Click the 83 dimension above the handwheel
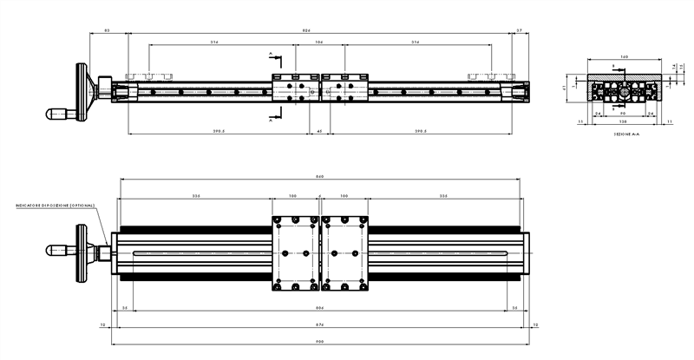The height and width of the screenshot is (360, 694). [107, 30]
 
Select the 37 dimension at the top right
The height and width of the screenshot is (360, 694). [519, 30]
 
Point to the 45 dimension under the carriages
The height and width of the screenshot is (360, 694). [319, 132]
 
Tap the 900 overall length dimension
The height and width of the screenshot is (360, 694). [319, 343]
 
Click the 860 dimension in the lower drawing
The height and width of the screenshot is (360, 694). [319, 177]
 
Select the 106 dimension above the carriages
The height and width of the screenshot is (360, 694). [319, 42]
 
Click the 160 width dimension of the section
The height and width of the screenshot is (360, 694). [624, 56]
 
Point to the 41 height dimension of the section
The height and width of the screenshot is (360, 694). [565, 88]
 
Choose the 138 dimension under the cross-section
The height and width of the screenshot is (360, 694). [624, 122]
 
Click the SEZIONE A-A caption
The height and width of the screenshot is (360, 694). [624, 134]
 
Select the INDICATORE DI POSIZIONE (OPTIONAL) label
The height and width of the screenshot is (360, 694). [54, 206]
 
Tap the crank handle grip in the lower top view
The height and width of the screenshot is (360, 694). [59, 250]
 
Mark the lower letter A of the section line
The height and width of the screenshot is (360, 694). [271, 122]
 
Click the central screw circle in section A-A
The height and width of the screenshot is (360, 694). [624, 91]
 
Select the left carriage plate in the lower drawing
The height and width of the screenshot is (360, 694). [295, 252]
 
